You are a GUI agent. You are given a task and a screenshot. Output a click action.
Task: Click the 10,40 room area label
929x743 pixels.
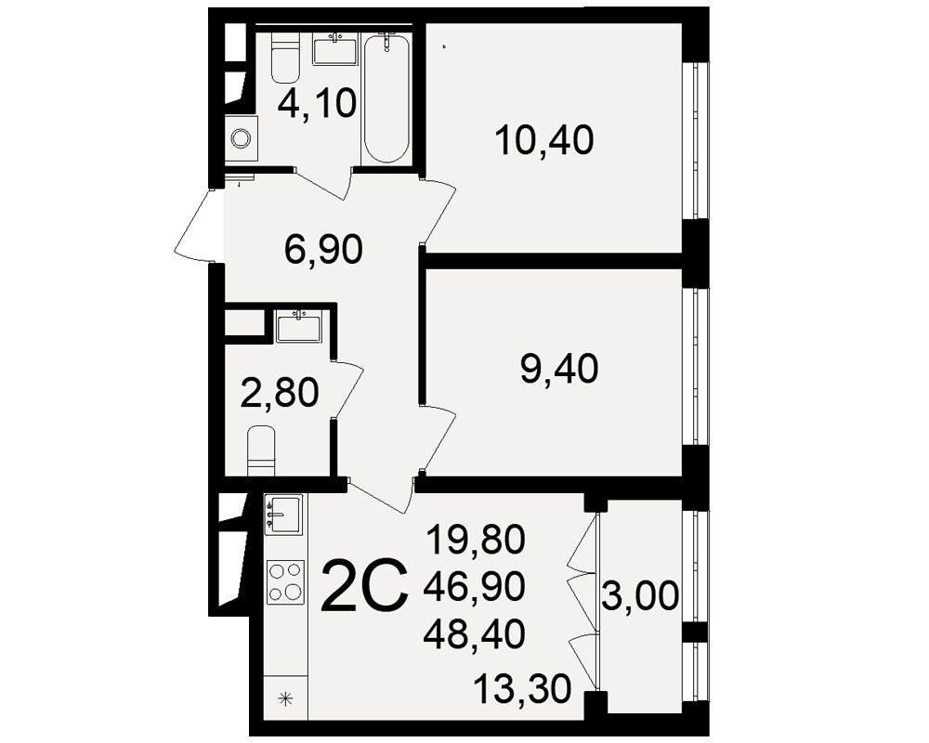coord(544,140)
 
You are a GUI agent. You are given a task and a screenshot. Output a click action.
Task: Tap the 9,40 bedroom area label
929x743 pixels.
coord(558,369)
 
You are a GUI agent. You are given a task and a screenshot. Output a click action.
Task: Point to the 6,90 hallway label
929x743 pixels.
coord(323,249)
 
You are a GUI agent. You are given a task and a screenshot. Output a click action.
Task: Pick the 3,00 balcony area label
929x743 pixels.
coord(640,595)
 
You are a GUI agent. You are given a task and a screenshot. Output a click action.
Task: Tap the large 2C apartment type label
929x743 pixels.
coord(365,586)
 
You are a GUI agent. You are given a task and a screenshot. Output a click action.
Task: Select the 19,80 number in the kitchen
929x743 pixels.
coord(475,541)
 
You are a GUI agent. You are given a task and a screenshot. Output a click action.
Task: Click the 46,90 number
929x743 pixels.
coord(475,587)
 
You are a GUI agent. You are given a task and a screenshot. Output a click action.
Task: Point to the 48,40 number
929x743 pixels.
coord(475,632)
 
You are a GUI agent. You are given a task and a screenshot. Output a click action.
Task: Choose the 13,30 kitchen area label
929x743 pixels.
coord(522,690)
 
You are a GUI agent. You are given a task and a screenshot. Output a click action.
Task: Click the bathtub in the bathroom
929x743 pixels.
coord(386,98)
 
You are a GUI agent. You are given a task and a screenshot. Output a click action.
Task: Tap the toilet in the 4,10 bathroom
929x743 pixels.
coord(285,59)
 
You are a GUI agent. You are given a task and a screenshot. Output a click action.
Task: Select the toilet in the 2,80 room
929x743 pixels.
coord(261,450)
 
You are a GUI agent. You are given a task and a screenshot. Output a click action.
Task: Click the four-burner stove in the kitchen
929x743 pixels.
coord(285,581)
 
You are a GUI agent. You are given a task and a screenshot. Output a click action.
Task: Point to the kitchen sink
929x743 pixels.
coord(283,515)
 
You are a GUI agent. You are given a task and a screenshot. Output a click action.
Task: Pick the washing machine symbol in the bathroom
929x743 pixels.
coord(242,138)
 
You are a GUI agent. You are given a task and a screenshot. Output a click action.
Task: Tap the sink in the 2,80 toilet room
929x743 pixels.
coord(298,327)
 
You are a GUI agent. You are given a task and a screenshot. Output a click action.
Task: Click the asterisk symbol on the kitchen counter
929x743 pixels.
coord(286,698)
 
